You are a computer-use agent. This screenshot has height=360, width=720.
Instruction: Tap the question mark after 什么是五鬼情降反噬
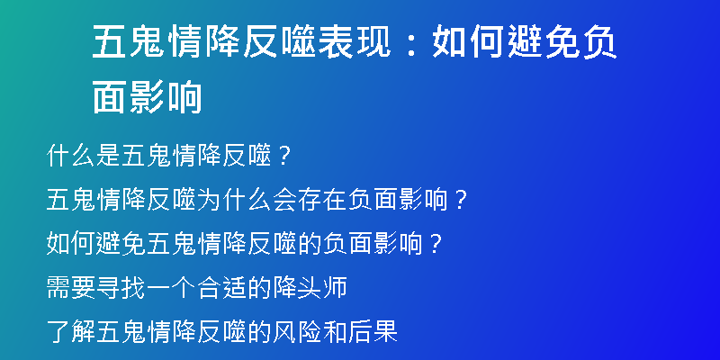coord(284,157)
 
